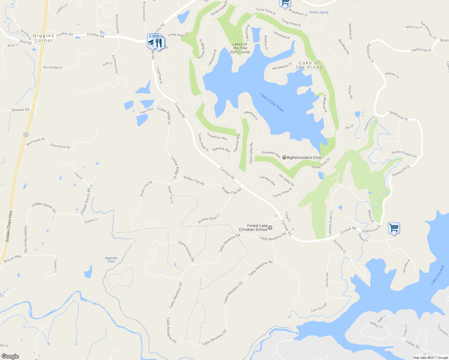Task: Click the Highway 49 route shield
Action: click(x=26, y=135)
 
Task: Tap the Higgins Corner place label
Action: click(x=44, y=38)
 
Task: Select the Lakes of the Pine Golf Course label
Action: click(x=240, y=48)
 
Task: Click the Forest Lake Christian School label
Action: click(x=253, y=228)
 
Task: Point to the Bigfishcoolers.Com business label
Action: click(x=304, y=157)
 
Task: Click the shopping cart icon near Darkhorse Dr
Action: click(x=394, y=228)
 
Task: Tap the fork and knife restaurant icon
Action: click(x=159, y=43)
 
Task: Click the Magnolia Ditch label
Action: click(x=111, y=259)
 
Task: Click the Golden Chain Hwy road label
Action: click(x=9, y=226)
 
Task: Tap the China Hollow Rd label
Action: click(x=186, y=251)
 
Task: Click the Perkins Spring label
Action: click(x=319, y=12)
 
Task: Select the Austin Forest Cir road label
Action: click(x=404, y=154)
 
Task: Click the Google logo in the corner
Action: click(x=10, y=356)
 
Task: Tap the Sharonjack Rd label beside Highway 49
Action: click(x=35, y=142)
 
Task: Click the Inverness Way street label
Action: click(x=271, y=154)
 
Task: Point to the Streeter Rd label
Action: click(x=20, y=110)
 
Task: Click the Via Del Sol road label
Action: click(x=327, y=280)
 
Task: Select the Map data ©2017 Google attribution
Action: click(x=430, y=358)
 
